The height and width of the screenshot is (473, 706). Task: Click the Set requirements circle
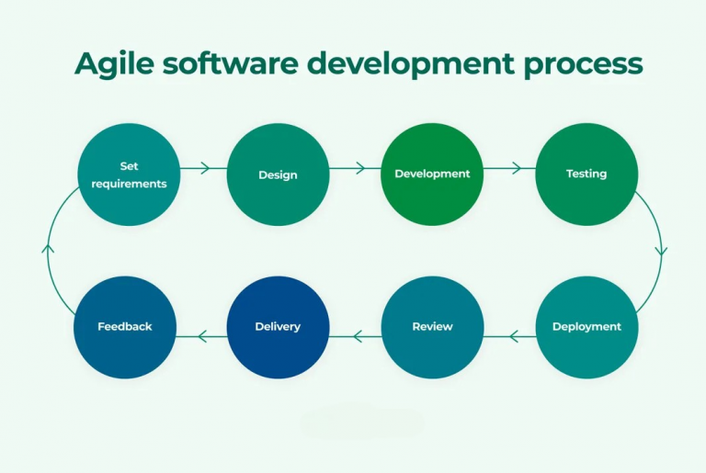129,175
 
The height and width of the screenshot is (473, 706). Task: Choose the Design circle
278,175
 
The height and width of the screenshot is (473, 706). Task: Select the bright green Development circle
432,175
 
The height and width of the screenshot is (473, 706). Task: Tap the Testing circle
586,175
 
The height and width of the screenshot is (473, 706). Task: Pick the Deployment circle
586,327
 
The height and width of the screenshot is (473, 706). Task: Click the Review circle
432,327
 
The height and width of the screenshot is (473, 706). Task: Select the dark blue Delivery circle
278,327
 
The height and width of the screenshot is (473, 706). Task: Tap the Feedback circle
125,327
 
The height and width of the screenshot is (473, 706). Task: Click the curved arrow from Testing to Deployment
660,249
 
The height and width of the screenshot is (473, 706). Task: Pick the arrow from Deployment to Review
510,337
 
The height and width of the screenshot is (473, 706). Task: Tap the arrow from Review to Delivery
356,337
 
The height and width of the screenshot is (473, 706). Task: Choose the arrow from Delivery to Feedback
201,337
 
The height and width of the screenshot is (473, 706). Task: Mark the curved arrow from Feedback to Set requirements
49,249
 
